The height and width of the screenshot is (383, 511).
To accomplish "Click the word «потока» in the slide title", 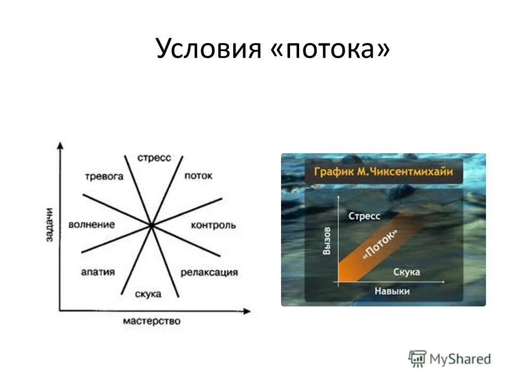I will (x=332, y=49).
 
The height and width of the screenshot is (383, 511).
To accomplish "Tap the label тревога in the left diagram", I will (x=104, y=176).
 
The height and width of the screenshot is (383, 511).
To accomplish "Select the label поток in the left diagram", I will (x=198, y=176).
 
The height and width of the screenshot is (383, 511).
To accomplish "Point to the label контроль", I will (x=213, y=225).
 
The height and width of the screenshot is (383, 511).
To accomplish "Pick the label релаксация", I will (x=209, y=272).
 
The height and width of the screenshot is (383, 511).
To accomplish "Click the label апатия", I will (x=98, y=272).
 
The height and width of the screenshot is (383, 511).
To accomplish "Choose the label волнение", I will (x=92, y=224).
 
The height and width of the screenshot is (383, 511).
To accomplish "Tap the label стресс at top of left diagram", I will (x=154, y=158).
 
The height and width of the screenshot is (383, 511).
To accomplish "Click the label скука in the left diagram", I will (x=149, y=294).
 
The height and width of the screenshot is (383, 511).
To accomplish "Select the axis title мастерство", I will (x=152, y=321).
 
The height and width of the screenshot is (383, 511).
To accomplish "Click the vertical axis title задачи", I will (x=49, y=224).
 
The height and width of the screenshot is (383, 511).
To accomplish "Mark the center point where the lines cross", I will (x=152, y=226).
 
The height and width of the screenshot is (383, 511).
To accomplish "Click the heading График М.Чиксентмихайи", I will (x=383, y=172).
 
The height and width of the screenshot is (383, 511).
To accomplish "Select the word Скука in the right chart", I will (x=407, y=272).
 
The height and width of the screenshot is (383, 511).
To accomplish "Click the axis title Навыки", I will (x=392, y=292).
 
